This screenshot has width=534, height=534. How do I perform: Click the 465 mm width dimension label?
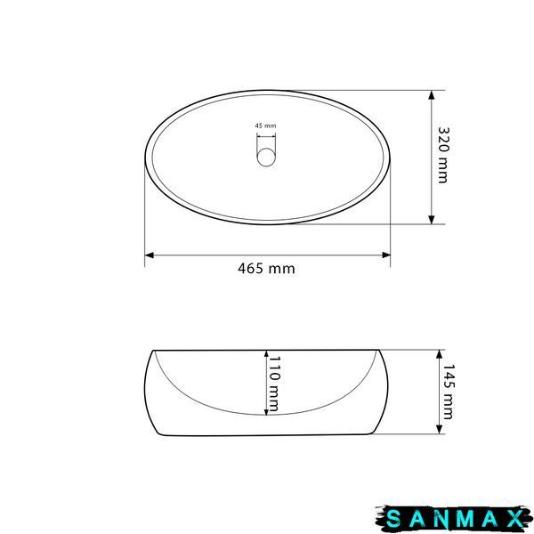click(266, 269)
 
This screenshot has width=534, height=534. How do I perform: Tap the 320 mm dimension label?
click(443, 155)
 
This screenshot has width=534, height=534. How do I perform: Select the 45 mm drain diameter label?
click(265, 125)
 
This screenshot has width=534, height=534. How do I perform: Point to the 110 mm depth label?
click(274, 384)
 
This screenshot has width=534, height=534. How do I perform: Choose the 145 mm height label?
click(448, 392)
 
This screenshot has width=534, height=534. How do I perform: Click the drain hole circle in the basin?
click(266, 157)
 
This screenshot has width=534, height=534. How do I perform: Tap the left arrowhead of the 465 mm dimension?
click(150, 255)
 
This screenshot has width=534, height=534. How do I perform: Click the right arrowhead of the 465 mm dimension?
click(386, 255)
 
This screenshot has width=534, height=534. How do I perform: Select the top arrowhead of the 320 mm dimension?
click(432, 95)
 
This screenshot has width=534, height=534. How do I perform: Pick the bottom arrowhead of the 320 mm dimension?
click(432, 220)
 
